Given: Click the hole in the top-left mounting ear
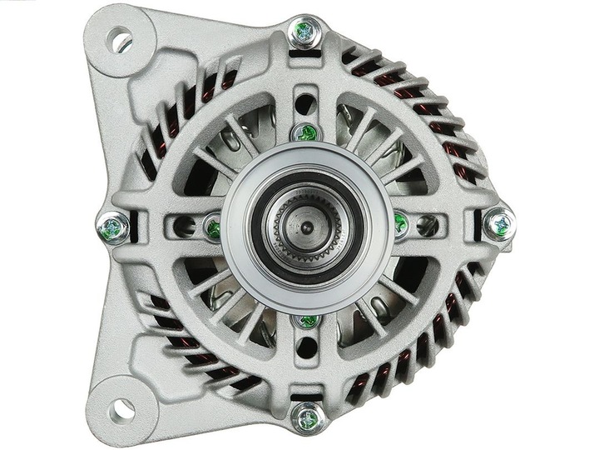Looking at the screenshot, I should click(120, 39).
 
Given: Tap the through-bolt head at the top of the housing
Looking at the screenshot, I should click(304, 32).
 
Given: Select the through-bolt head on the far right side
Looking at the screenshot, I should click(498, 223).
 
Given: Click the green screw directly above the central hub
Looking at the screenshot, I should click(306, 132).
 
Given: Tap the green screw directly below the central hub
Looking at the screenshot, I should click(308, 321).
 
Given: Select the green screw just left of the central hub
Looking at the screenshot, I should click(214, 227).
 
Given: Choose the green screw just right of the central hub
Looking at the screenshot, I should click(401, 223).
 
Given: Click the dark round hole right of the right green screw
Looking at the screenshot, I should click(428, 224).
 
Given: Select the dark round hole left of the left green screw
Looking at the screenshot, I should click(186, 227).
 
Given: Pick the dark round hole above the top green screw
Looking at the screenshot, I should click(305, 103).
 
